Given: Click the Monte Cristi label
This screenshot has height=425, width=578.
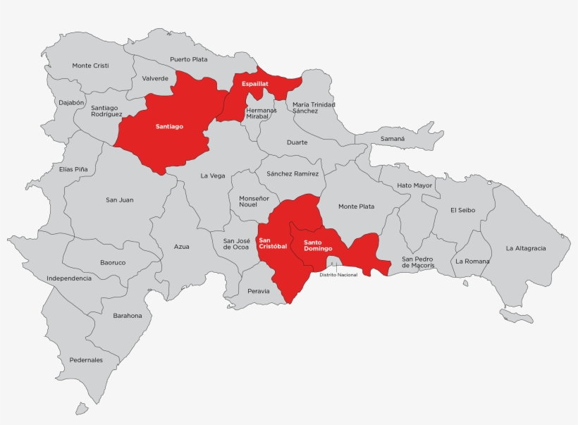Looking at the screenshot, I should coord(90,66).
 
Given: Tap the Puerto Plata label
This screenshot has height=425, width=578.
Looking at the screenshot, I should coord(189,60).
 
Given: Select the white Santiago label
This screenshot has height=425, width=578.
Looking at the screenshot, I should coord(169,127).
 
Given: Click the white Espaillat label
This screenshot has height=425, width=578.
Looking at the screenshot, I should coord(255,84).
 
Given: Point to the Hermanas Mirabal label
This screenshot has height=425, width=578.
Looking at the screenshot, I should coord(261,113).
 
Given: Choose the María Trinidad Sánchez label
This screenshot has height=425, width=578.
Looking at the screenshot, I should coord(314,107).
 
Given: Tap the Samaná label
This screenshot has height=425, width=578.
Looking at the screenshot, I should coord(393,139).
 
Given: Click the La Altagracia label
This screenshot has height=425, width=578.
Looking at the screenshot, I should coord(526,248).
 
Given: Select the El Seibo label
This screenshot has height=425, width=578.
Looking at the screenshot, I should coord(463,210).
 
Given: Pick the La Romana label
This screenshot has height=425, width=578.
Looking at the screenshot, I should coord(472,261).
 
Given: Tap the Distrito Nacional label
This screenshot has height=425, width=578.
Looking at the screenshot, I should coord(338,275).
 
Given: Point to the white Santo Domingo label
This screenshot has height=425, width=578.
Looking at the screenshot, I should coord(318,246).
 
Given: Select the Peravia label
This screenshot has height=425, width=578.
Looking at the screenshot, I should coord(259,291).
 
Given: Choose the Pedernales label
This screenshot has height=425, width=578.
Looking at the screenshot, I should coord(86,360).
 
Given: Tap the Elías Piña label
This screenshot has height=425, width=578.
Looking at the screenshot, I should coord(73,169).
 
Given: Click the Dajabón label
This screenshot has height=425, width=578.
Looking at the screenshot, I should coord(71,102).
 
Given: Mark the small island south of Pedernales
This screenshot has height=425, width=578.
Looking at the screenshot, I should coord(82,408).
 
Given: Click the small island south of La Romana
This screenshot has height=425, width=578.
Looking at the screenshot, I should coord(465,283).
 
